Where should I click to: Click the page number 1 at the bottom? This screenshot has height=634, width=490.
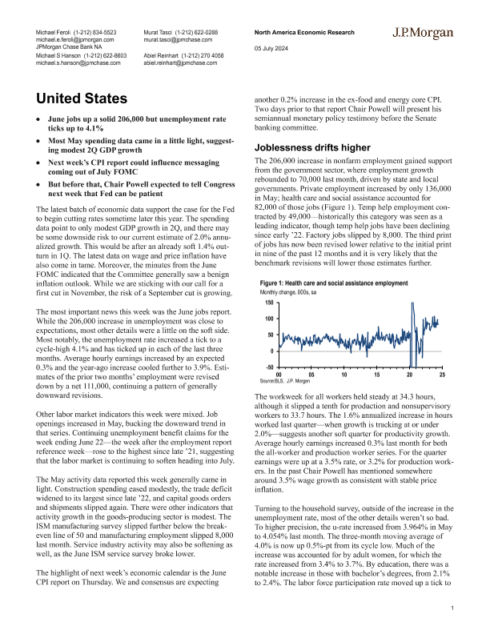[x=452, y=610]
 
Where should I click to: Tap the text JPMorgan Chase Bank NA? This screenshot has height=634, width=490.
[x=72, y=46]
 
